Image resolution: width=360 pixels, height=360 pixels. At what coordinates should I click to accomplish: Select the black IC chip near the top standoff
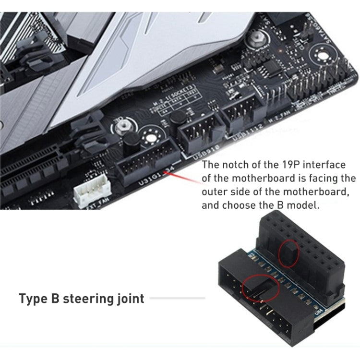(271, 67)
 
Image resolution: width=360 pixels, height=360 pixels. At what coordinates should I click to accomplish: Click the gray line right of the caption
(178, 298)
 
